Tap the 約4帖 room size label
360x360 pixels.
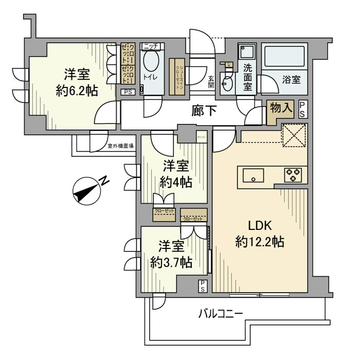[175, 182]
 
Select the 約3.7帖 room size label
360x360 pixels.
[172, 262]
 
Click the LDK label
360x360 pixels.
[260, 226]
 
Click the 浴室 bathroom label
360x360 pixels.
[291, 81]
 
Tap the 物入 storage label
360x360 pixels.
[281, 109]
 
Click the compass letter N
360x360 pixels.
[103, 181]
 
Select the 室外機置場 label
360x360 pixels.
[120, 146]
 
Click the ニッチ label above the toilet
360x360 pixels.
[151, 46]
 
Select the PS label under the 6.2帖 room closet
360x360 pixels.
[127, 92]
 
